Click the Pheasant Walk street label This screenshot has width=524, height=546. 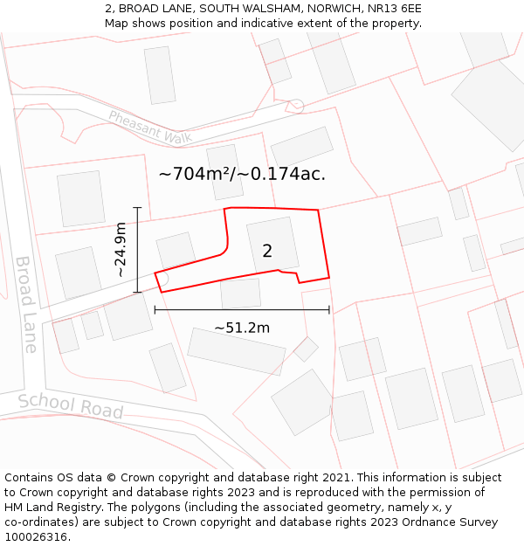point(149,128)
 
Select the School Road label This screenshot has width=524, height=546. point(71,404)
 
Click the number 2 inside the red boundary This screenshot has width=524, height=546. point(267,252)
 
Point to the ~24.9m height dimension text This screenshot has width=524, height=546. point(121,250)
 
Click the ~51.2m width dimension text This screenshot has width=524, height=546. point(242,328)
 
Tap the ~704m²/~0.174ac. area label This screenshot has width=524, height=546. point(242,174)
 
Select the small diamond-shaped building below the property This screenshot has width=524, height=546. point(306,349)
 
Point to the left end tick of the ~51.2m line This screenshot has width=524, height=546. point(155,309)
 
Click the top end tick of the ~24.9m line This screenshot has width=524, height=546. point(137,208)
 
